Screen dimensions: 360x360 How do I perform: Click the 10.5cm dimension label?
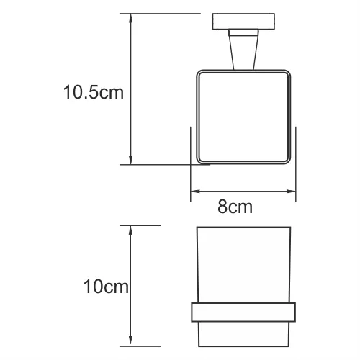[x=92, y=92]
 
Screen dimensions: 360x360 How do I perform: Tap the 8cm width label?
[x=235, y=208]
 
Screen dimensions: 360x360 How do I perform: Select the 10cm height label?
[x=106, y=288]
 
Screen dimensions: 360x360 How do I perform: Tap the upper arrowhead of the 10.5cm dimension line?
[x=130, y=17]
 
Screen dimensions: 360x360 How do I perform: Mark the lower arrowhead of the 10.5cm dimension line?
[x=130, y=160]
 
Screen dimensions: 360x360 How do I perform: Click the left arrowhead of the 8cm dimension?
[x=193, y=192]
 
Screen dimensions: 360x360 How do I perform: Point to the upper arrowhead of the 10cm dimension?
[x=130, y=230]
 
